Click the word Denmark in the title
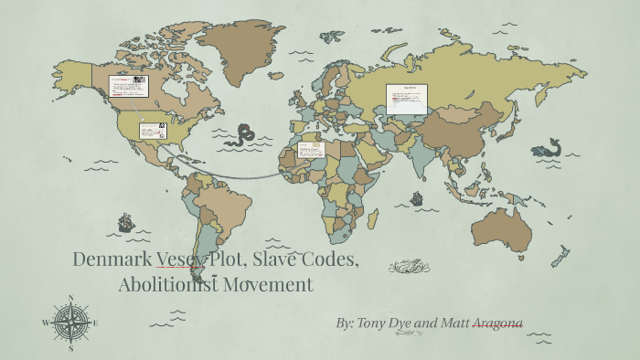click(x=112, y=259)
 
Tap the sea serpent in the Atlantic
click(x=241, y=136)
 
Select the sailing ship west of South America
click(x=126, y=222)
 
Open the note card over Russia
click(x=407, y=99)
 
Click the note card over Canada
click(x=128, y=86)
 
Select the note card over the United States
click(x=152, y=131)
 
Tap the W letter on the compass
click(x=45, y=323)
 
